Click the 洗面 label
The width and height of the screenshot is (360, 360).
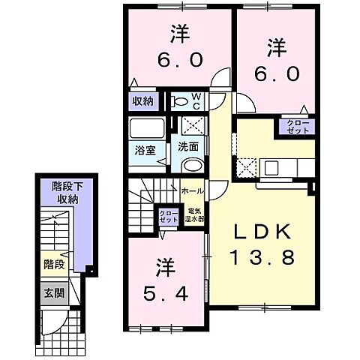coord(187,147)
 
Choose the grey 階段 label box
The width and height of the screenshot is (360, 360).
coord(53,265)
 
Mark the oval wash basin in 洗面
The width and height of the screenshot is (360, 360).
coord(192,166)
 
